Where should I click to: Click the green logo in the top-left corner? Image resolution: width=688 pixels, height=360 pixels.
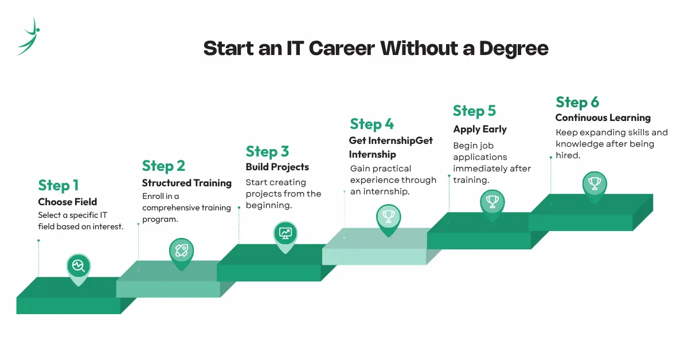29,36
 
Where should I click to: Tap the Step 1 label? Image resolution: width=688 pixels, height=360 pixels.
58,185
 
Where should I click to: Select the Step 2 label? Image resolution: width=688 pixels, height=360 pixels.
163,166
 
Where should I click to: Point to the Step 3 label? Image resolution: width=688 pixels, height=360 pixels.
267,151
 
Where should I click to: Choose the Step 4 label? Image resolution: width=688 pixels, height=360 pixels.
372,124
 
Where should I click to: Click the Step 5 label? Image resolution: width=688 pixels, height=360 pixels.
474,111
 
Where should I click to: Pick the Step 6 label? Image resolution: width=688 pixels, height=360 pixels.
577,103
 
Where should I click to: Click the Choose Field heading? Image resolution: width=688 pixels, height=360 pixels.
68,202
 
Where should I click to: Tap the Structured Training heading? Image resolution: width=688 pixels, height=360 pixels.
187,183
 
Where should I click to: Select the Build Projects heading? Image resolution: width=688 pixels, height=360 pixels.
277,167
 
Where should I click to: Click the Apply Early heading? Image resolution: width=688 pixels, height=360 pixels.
480,129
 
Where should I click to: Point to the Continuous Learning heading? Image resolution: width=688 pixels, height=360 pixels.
603,118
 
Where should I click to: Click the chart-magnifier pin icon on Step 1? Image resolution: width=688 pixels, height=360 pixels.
79,266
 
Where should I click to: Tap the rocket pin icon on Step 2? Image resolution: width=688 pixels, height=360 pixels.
181,250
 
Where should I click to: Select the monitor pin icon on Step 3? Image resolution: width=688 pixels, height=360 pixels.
285,233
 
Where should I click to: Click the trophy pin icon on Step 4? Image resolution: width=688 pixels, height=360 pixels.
388,216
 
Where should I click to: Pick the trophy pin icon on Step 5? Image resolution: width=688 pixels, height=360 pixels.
492,201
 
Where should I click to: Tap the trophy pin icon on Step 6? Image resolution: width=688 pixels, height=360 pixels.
595,184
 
